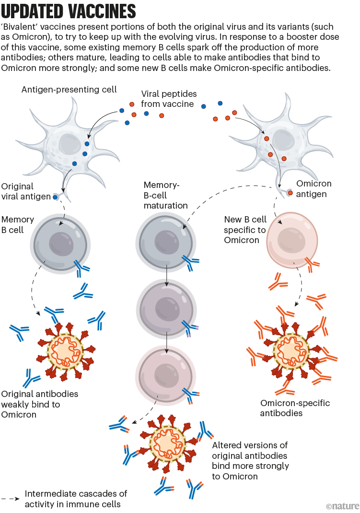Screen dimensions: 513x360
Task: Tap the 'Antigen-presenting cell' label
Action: [69, 90]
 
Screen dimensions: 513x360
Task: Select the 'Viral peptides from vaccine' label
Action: [168, 99]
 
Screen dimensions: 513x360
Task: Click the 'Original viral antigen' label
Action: [25, 191]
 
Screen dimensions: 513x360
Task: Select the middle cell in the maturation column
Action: [165, 305]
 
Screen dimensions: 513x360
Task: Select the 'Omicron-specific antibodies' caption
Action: [295, 408]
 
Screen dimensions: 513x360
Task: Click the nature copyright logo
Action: [341, 505]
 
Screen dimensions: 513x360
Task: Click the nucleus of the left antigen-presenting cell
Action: [71, 143]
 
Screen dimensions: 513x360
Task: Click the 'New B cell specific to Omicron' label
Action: [245, 229]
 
